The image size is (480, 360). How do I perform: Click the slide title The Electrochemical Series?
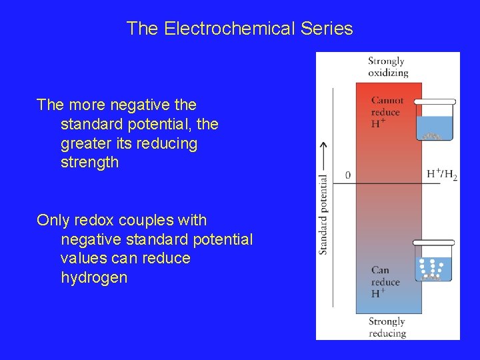pos(239,29)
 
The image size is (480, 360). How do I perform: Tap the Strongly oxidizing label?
pos(387,67)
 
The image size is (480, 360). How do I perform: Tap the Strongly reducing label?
pos(387,327)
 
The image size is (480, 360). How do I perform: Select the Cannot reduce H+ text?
pos(387,112)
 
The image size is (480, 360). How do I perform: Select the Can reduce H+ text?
pos(385,281)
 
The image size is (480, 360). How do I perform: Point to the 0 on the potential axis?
pos(348,175)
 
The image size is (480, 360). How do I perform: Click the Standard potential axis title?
pos(323,214)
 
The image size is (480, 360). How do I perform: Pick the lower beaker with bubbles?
pos(433,261)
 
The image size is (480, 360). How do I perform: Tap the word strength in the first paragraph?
pos(89,162)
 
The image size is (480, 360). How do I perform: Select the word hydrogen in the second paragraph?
pos(93,277)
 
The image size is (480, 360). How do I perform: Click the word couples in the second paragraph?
pos(146,220)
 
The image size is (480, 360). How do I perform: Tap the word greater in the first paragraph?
pos(85,143)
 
